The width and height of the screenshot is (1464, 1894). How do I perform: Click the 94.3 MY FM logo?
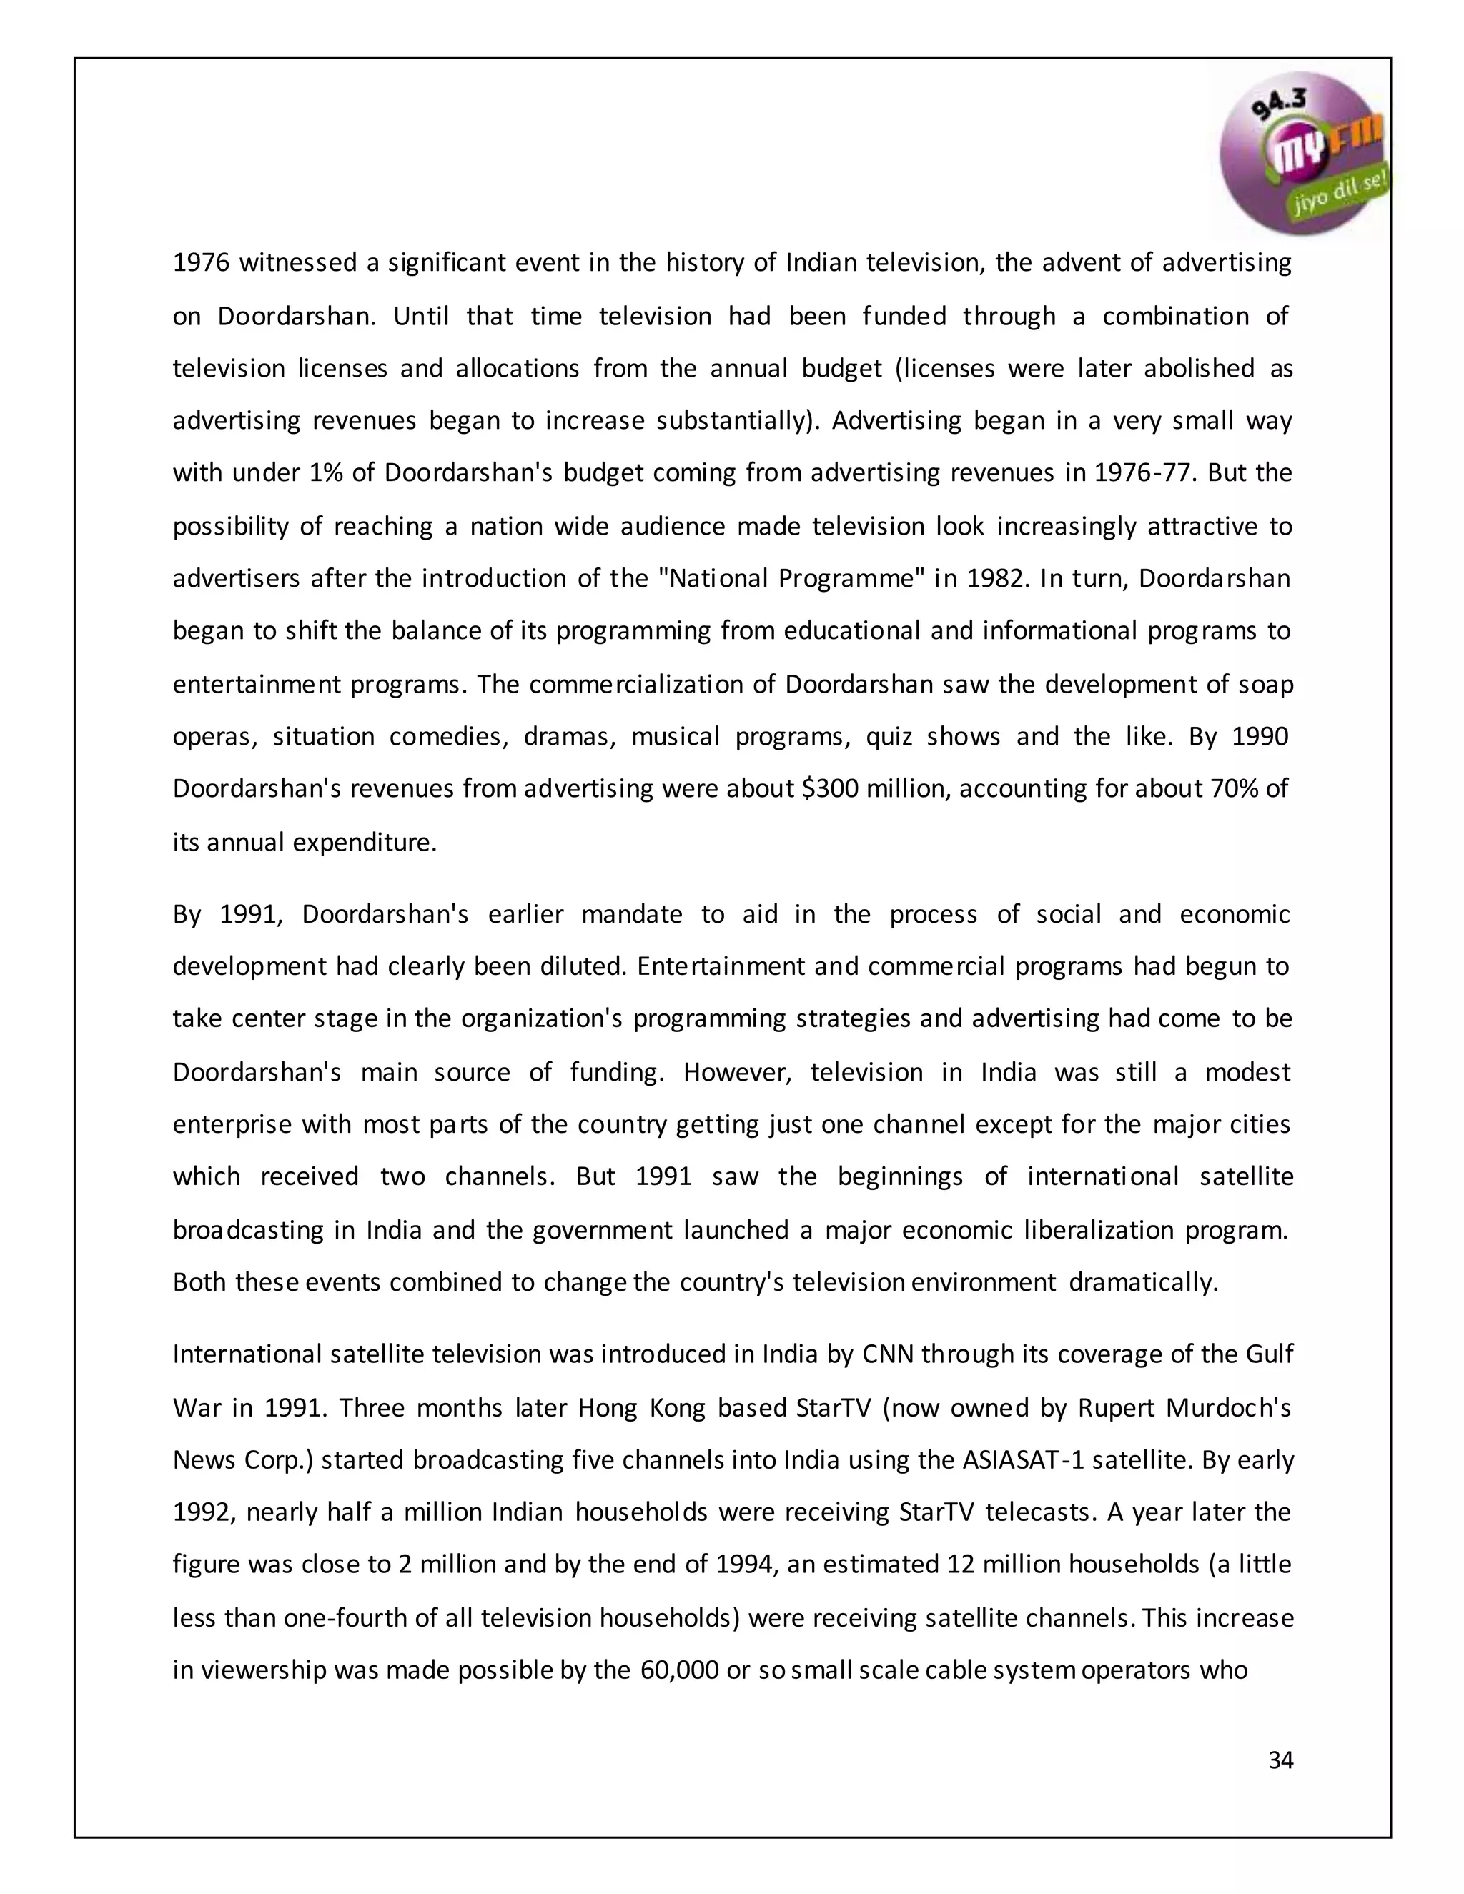click(x=1305, y=154)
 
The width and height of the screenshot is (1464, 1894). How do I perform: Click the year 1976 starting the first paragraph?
click(x=200, y=263)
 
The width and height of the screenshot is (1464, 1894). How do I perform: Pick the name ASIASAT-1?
click(x=1024, y=1460)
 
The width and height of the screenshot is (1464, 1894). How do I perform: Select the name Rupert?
click(x=1118, y=1407)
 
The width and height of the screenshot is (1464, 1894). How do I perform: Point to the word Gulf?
click(x=1269, y=1354)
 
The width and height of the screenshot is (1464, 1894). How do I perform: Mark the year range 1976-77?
click(x=1143, y=473)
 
